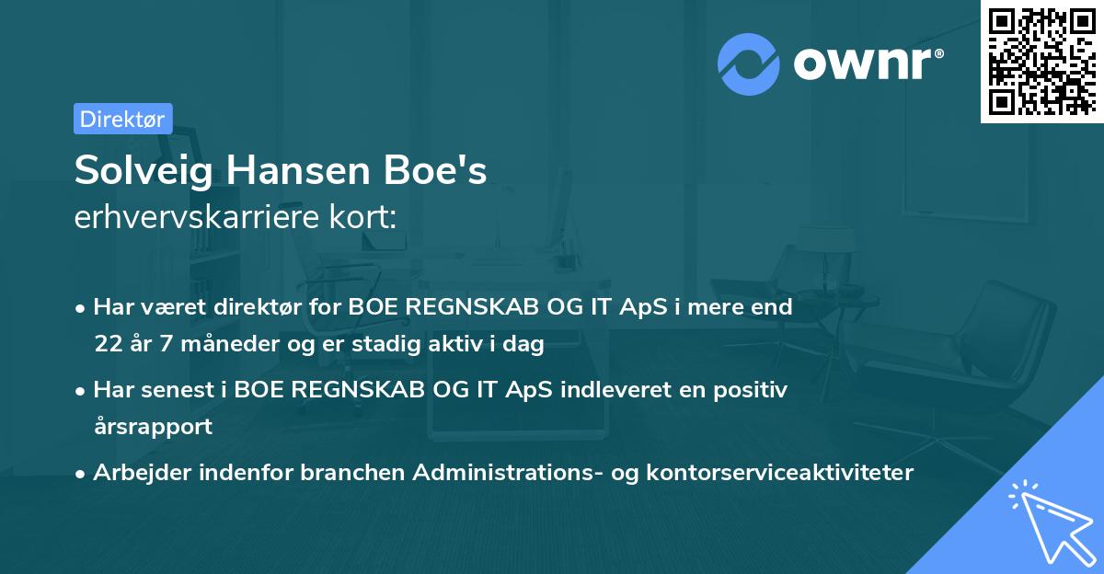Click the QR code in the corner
[x=1042, y=61]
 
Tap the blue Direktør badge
[x=122, y=119]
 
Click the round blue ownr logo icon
[x=749, y=63]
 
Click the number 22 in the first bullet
[x=107, y=345]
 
